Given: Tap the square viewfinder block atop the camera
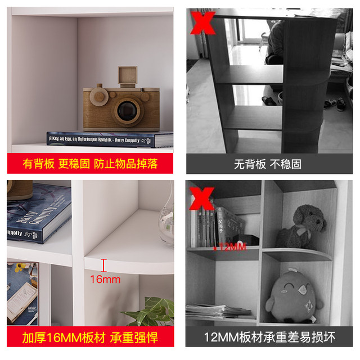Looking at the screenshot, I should [128, 76].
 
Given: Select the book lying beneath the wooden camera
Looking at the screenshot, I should [110, 138].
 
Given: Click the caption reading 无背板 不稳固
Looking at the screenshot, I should [267, 164].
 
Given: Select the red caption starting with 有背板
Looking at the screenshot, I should [90, 164].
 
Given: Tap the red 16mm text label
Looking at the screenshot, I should [105, 279].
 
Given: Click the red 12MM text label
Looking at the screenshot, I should [232, 246].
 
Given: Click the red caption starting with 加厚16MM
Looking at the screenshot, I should [90, 337].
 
